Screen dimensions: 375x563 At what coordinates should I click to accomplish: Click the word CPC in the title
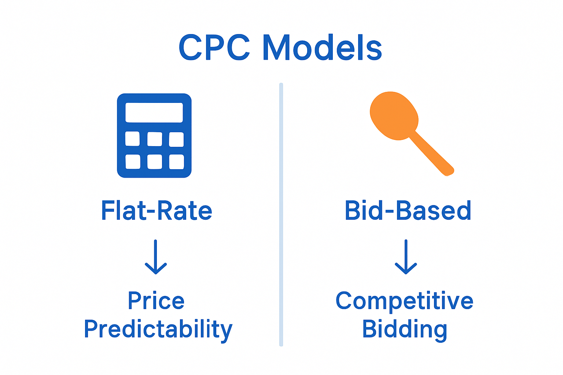[214, 48]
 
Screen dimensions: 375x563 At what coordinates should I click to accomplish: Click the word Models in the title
[323, 48]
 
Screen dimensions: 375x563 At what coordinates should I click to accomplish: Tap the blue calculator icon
[154, 135]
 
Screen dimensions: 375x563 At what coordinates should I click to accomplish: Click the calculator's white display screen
[154, 112]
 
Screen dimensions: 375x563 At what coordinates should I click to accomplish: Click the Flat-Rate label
[157, 211]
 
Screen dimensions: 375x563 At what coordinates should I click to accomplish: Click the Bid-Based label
[408, 211]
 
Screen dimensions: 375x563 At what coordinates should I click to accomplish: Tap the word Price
[156, 301]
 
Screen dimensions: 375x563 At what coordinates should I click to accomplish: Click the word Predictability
[158, 329]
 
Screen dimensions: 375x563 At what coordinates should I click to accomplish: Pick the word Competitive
[404, 301]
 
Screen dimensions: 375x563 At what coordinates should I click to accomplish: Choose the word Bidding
[405, 329]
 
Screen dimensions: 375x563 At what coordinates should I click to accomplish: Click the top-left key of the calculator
[132, 139]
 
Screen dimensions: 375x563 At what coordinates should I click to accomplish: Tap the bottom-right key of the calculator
[176, 162]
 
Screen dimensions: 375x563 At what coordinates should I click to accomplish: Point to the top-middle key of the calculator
[154, 139]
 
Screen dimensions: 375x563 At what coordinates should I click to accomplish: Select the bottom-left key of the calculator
[133, 162]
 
